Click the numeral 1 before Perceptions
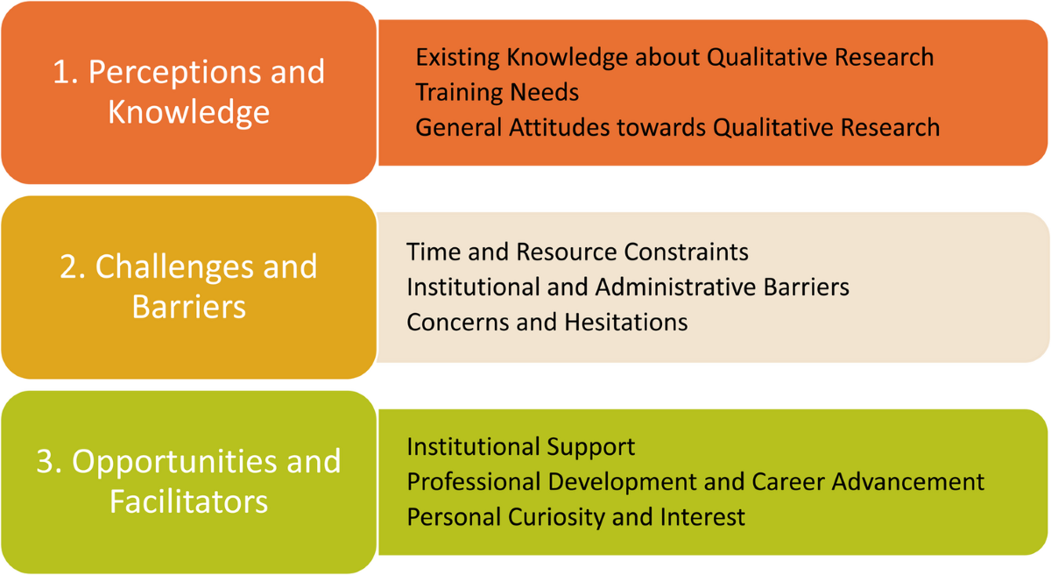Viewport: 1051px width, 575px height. [x=60, y=72]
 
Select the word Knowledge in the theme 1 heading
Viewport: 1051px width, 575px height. [x=188, y=114]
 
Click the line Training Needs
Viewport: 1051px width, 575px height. [x=497, y=92]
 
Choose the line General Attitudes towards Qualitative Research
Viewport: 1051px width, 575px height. [x=678, y=128]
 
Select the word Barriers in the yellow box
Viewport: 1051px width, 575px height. [x=188, y=307]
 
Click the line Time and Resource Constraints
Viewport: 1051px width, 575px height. [x=577, y=252]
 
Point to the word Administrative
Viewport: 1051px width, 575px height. [x=675, y=287]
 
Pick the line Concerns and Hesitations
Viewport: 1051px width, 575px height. [x=547, y=323]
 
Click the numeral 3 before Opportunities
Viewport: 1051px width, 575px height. [x=46, y=461]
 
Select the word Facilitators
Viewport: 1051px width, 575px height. [x=188, y=501]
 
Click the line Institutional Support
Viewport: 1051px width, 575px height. [x=521, y=447]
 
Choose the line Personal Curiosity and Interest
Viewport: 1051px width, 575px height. [x=575, y=518]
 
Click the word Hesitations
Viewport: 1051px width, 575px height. [x=626, y=323]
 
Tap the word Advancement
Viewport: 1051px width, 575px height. [x=908, y=482]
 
